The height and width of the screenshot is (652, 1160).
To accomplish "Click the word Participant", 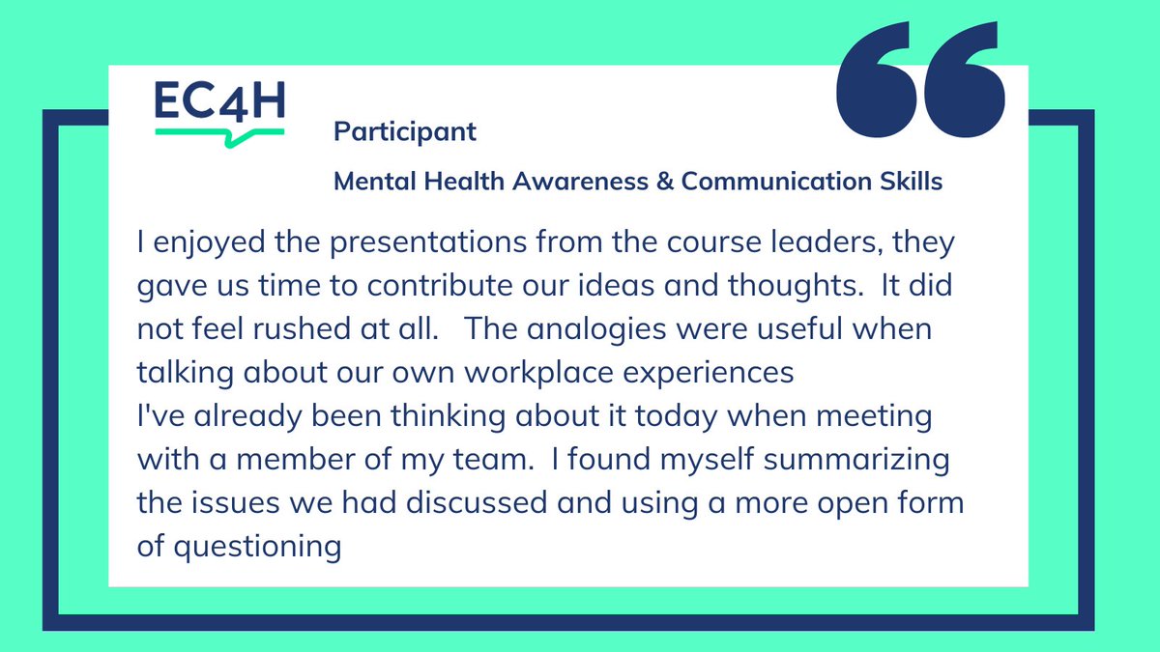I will [405, 131].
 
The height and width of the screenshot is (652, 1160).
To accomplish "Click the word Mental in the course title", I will [367, 181].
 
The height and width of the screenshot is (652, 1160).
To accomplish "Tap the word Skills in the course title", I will [912, 181].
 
